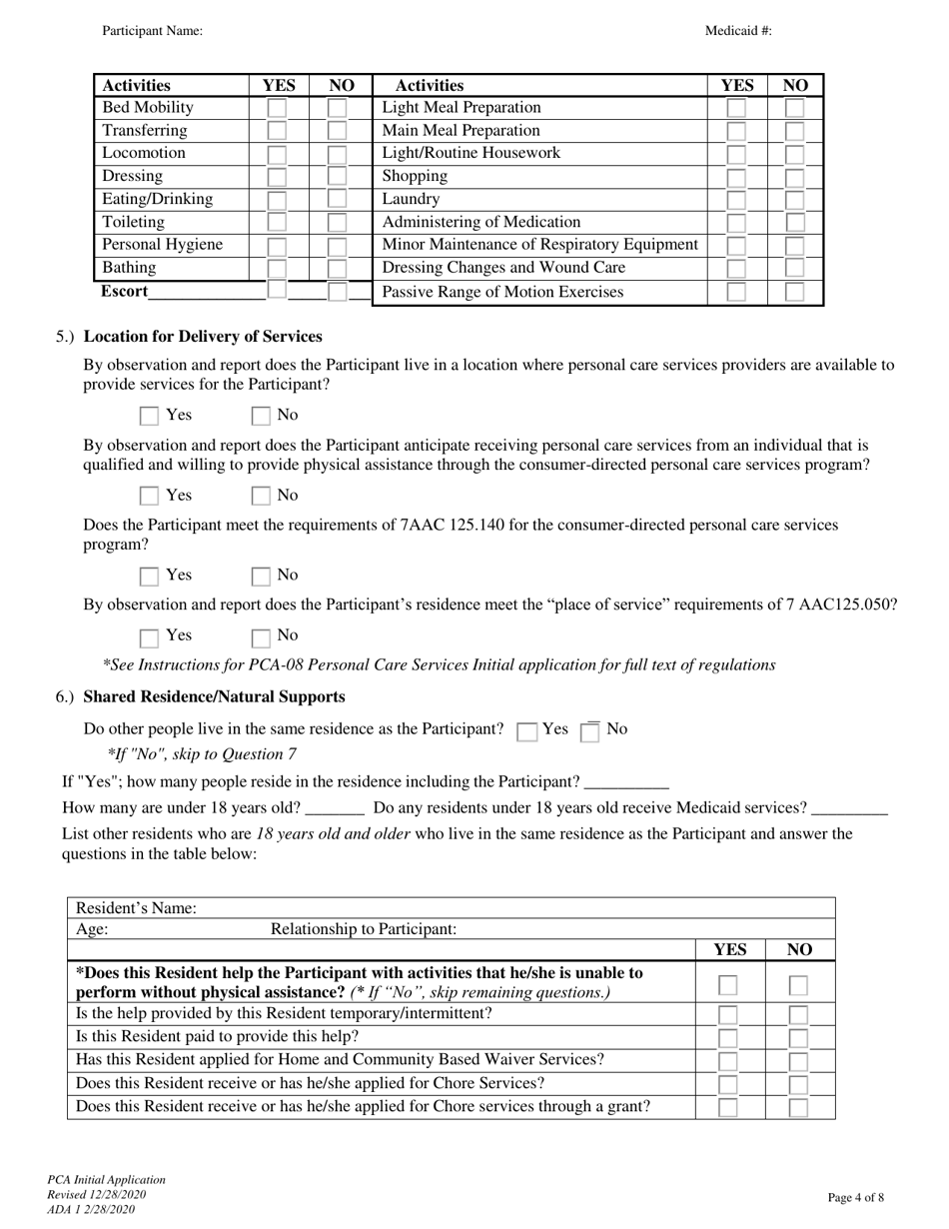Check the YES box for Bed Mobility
[277, 108]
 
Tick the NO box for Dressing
[337, 177]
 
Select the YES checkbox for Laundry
[735, 200]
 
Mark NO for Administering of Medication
[794, 223]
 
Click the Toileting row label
[133, 222]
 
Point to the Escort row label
[124, 292]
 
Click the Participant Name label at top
[152, 31]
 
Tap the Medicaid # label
[738, 31]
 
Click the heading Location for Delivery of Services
[203, 336]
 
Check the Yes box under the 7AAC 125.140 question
[149, 576]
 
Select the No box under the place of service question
[261, 636]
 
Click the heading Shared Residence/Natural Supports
[214, 696]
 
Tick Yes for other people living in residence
[526, 731]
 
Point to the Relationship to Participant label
[364, 929]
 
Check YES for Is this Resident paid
[729, 1038]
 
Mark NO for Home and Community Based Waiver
[798, 1061]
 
